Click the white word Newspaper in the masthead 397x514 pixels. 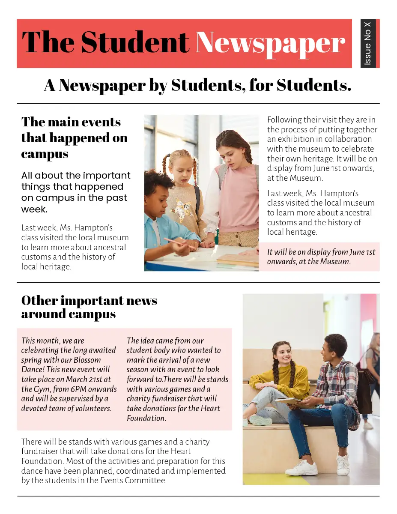270,44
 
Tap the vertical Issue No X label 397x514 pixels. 368,43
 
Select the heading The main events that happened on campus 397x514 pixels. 74,137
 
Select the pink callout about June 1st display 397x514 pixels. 319,257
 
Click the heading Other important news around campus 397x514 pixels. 89,307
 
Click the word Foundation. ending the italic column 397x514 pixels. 146,418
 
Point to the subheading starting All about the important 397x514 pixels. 76,192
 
